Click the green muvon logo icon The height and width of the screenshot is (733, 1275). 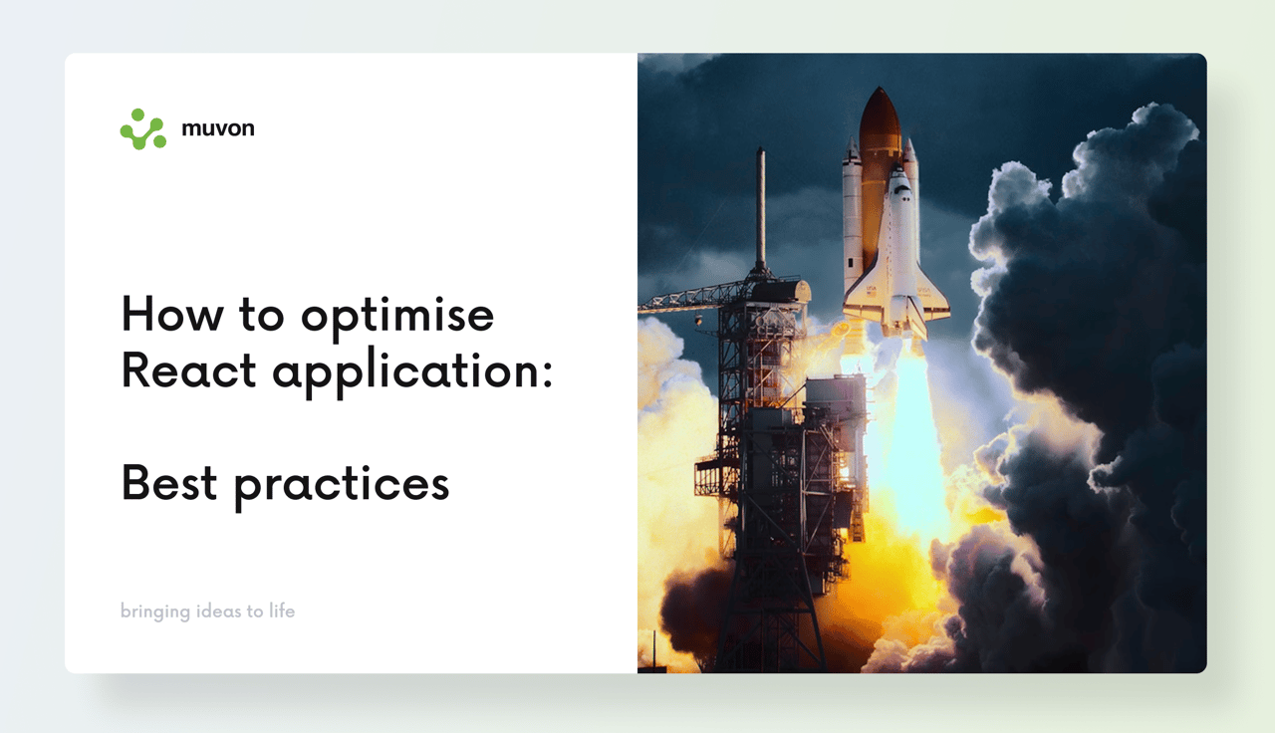[x=142, y=129]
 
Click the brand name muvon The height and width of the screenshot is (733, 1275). [x=218, y=128]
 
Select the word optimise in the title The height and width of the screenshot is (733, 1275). [x=397, y=318]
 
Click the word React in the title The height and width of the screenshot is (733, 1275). [x=189, y=369]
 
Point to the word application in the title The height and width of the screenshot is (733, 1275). [x=404, y=373]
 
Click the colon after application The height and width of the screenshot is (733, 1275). [x=547, y=375]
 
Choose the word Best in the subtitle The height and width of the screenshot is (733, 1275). [x=169, y=483]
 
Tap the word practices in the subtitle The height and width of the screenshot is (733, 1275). [x=342, y=487]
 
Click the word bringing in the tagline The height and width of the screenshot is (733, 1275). [x=155, y=611]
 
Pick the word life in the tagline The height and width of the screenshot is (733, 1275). [x=282, y=611]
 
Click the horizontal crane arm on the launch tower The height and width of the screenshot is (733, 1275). [x=694, y=298]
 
